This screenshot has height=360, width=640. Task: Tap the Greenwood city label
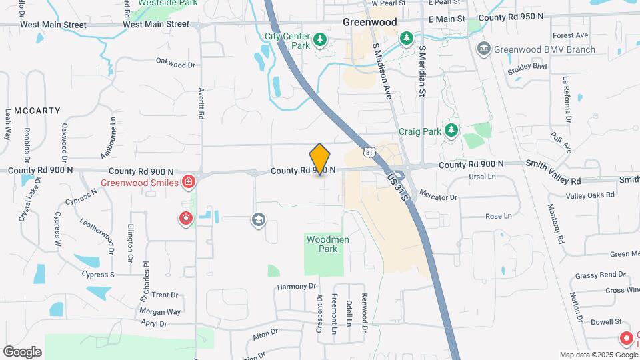pyautogui.click(x=370, y=22)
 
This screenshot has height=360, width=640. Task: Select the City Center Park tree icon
pyautogui.click(x=320, y=41)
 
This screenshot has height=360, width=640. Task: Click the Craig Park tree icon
pyautogui.click(x=452, y=130)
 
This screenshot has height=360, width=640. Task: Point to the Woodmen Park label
pyautogui.click(x=327, y=244)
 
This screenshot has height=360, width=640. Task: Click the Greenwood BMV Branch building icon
pyautogui.click(x=483, y=49)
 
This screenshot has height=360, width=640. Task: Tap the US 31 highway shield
pyautogui.click(x=369, y=153)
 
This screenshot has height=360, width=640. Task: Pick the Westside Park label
pyautogui.click(x=160, y=3)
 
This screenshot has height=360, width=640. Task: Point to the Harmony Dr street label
pyautogui.click(x=295, y=287)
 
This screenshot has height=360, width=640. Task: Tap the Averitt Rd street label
pyautogui.click(x=200, y=105)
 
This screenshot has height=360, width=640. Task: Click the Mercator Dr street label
pyautogui.click(x=438, y=196)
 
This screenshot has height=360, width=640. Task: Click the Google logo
pyautogui.click(x=22, y=352)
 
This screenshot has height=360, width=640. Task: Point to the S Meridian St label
pyautogui.click(x=422, y=71)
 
